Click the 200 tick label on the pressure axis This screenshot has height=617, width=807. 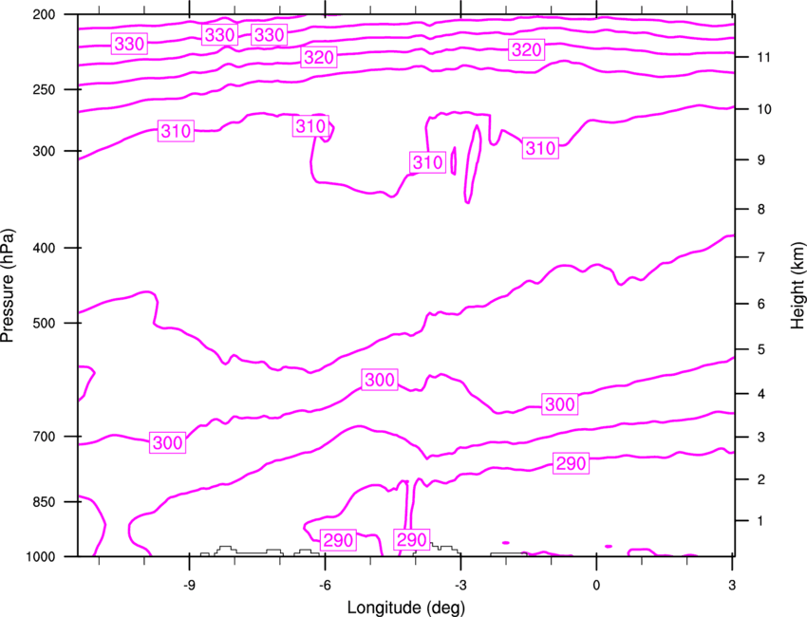[x=44, y=14]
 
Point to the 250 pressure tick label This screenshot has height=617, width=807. [x=44, y=89]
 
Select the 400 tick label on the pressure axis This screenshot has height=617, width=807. [x=44, y=248]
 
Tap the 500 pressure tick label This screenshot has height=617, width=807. [x=44, y=323]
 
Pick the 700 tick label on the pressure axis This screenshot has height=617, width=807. [x=44, y=437]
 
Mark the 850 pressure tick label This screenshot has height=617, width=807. [x=44, y=502]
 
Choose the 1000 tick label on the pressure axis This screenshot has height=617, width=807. [x=40, y=556]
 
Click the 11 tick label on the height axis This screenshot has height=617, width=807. [x=763, y=57]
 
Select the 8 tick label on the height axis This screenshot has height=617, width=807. [x=761, y=210]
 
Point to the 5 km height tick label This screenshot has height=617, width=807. [x=761, y=350]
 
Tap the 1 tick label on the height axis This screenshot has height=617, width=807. [x=760, y=521]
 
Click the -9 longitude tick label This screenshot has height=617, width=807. [x=190, y=585]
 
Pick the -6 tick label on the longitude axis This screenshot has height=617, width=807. [x=326, y=585]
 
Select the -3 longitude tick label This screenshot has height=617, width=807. [x=460, y=585]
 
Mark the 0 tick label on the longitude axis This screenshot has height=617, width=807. [x=596, y=585]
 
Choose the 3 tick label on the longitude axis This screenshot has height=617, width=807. [x=732, y=585]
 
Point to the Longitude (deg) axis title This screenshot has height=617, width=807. [x=406, y=608]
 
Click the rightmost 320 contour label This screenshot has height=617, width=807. [x=527, y=50]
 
